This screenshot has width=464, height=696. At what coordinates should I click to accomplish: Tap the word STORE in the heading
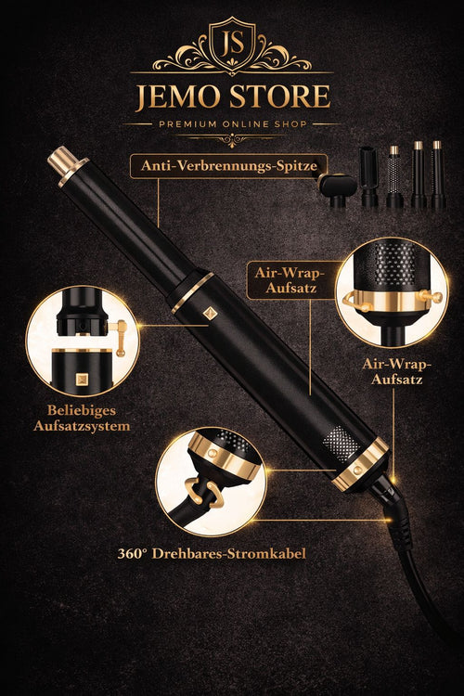click(x=283, y=97)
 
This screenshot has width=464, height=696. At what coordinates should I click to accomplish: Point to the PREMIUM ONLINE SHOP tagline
click(x=231, y=122)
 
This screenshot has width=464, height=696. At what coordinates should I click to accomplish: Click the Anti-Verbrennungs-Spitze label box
click(x=228, y=166)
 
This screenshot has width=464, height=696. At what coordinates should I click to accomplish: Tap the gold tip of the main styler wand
click(x=63, y=160)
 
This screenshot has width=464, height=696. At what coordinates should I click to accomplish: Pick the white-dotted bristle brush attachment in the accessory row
click(x=394, y=176)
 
